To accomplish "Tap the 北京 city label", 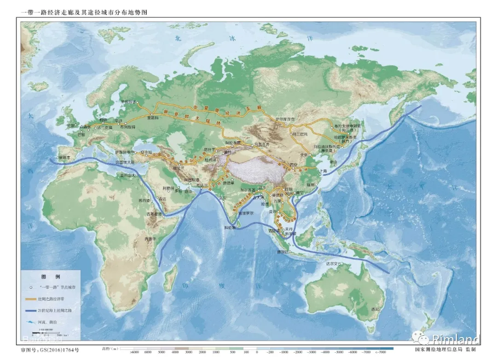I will click(x=303, y=155).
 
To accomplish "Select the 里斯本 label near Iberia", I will click(x=64, y=157).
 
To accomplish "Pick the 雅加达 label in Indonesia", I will click(x=283, y=251).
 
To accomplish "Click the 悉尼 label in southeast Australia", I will click(x=376, y=309).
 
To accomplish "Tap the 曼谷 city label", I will click(x=273, y=212).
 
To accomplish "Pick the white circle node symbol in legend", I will click(x=30, y=287).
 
